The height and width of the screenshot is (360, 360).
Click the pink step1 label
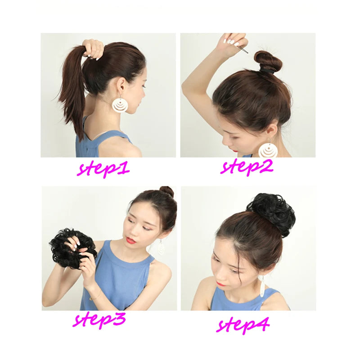pos(103,170)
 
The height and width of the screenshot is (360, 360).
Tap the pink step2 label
pos(247,167)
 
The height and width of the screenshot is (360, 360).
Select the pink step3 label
pos(99,319)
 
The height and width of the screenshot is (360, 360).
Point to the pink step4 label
pos(243,324)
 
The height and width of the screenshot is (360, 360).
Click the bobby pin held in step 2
pos(243,49)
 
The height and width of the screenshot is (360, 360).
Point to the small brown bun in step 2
pos(268,60)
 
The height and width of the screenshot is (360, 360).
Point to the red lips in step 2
pos(235,150)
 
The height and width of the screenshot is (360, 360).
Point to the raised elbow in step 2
pos(185,86)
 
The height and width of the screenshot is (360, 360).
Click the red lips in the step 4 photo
pos(221,284)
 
